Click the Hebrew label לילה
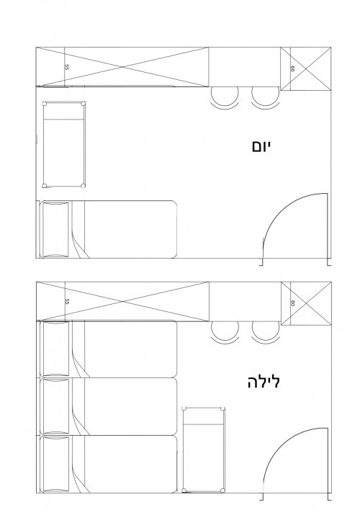(x=263, y=381)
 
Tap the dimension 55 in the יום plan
(x=66, y=66)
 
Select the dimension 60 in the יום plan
(x=293, y=68)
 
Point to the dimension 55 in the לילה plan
(x=66, y=302)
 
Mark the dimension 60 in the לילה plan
(x=293, y=304)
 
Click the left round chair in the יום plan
(x=225, y=96)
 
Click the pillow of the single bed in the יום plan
(x=55, y=230)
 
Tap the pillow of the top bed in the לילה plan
(x=55, y=349)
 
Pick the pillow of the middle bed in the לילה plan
(x=55, y=406)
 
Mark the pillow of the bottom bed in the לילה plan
(x=55, y=464)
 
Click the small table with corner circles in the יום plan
(x=65, y=143)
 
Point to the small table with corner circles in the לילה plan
(x=206, y=448)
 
